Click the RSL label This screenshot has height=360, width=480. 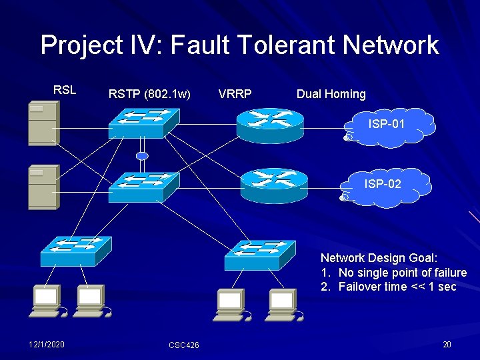click(65, 89)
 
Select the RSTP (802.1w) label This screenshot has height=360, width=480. click(149, 94)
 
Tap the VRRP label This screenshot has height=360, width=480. click(235, 94)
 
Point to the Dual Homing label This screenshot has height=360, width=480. click(331, 94)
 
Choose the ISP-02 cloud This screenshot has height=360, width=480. click(383, 187)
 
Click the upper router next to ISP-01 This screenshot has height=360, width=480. click(270, 125)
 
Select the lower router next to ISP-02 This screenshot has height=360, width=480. click(274, 185)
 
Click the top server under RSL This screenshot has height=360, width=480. click(43, 123)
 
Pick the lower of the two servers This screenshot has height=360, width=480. click(43, 187)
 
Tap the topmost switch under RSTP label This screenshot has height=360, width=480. click(143, 122)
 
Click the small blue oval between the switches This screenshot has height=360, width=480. click(141, 156)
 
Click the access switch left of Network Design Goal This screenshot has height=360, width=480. click(259, 253)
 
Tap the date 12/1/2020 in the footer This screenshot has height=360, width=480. click(47, 344)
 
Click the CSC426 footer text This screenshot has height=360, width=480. click(183, 345)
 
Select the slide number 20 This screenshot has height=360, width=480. click(447, 344)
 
